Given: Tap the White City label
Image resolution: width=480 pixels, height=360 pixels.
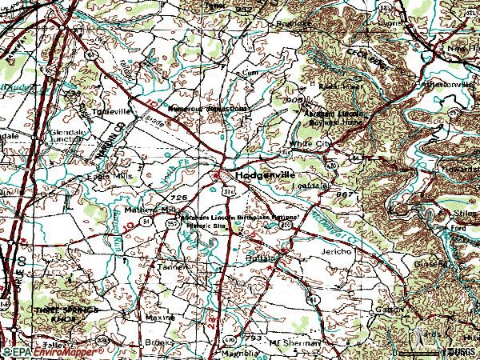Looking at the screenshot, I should coord(310,144).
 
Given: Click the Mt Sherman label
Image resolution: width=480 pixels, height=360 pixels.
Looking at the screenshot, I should coord(297,342).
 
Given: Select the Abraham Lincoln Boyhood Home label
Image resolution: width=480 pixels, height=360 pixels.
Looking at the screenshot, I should coord(334,118).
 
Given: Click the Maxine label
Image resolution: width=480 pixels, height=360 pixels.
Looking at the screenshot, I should coord(161,318).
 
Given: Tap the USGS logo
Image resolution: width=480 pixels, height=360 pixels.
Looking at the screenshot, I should coord(459,351).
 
